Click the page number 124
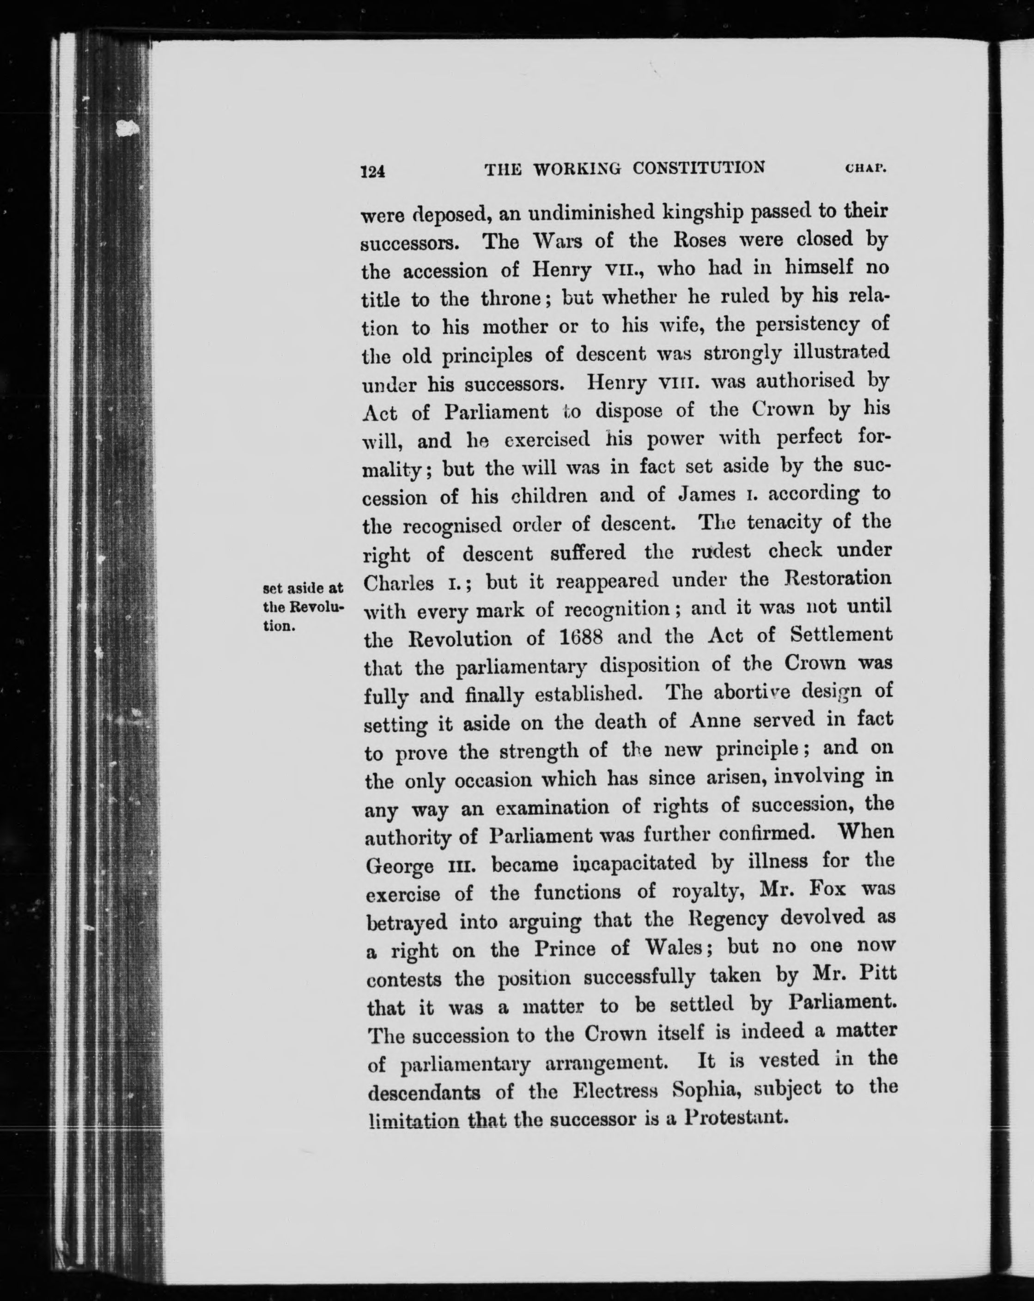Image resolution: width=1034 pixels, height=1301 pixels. pyautogui.click(x=372, y=171)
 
